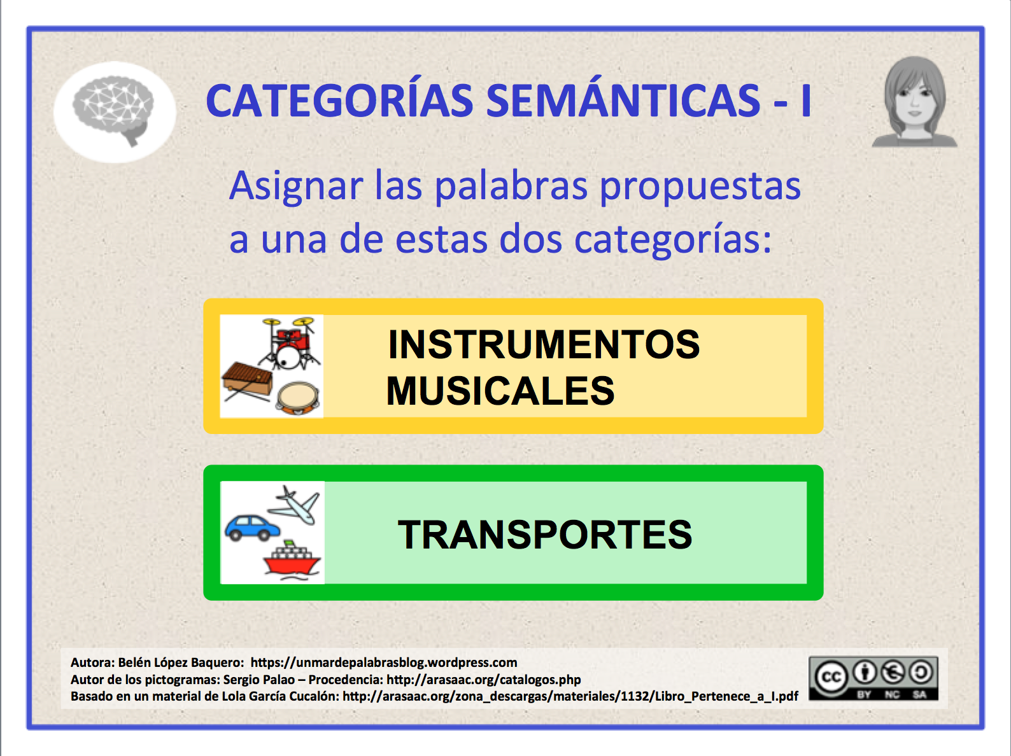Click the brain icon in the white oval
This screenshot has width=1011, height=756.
coord(113,111)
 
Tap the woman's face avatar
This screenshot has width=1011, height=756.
coord(914,102)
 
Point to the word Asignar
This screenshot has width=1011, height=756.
coord(296,186)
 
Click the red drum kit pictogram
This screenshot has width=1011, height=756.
coord(289,343)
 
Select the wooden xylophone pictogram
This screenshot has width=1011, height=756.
coord(247,382)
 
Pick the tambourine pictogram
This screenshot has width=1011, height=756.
coord(297,397)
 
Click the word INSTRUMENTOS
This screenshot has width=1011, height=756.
coord(544,344)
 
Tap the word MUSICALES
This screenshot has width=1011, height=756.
coord(500,391)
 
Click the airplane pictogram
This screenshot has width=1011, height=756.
coord(294,505)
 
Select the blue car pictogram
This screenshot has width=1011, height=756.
coord(252,528)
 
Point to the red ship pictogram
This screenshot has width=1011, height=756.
coord(292,561)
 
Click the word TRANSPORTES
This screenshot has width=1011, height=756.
coord(545,535)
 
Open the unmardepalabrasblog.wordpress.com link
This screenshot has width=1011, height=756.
coord(384,662)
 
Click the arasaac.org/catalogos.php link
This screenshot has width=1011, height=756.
coord(484,680)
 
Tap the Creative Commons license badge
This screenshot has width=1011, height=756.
coord(873,678)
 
